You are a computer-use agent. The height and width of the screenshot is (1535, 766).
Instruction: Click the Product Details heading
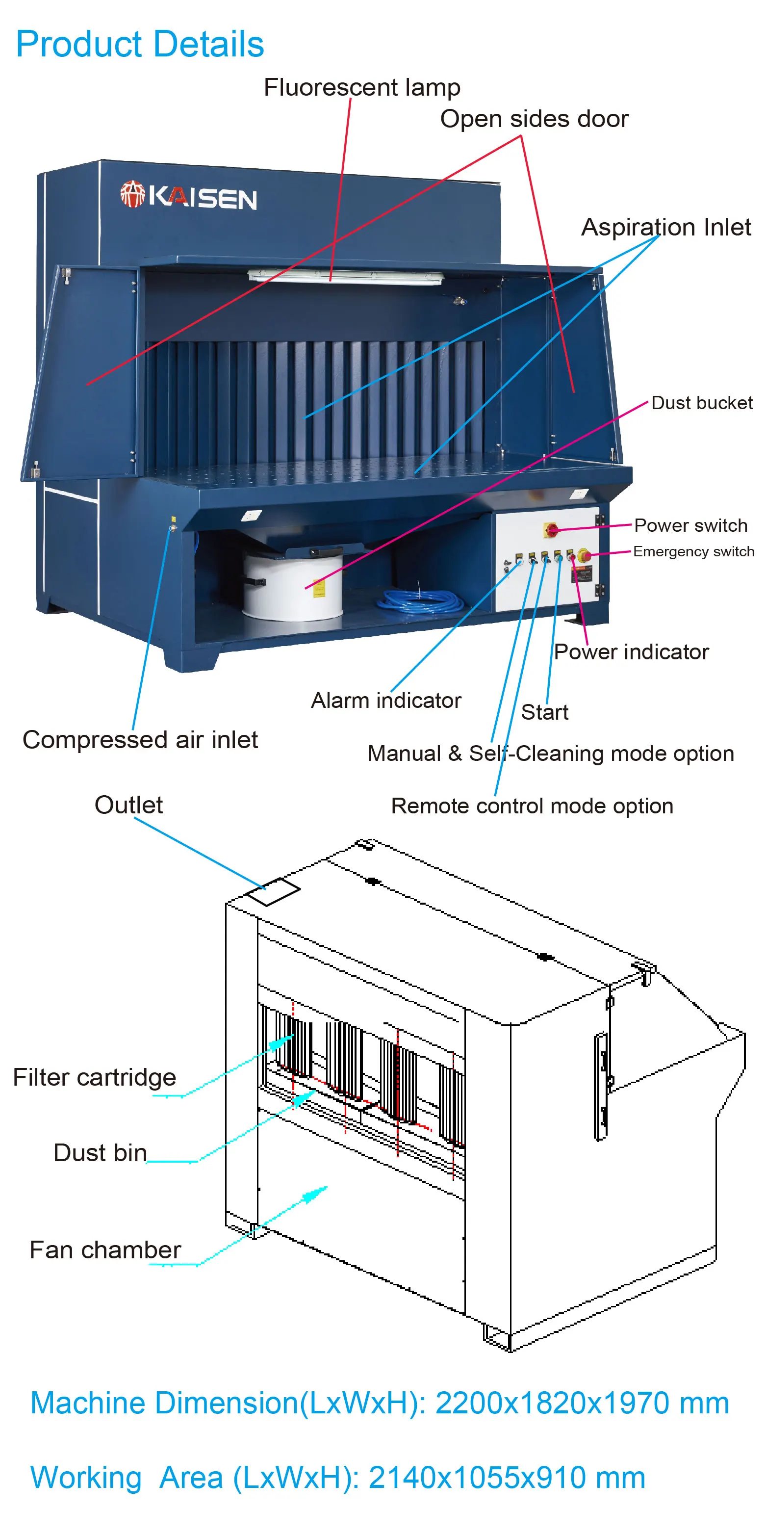pos(139,44)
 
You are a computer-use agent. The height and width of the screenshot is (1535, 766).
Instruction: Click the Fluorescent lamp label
pos(361,88)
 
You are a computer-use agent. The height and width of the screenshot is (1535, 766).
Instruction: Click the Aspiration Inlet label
pos(665,227)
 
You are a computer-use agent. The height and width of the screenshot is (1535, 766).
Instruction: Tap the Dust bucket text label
pos(701,403)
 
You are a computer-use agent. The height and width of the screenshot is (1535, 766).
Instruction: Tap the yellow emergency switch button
pos(585,556)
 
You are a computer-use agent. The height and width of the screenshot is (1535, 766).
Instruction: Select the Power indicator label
pos(631,652)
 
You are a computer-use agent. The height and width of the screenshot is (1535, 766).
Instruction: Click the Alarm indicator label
pos(386,700)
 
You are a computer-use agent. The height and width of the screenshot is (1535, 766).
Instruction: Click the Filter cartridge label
pos(94,1077)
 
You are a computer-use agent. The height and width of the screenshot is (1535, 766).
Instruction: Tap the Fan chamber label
pos(105,1249)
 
